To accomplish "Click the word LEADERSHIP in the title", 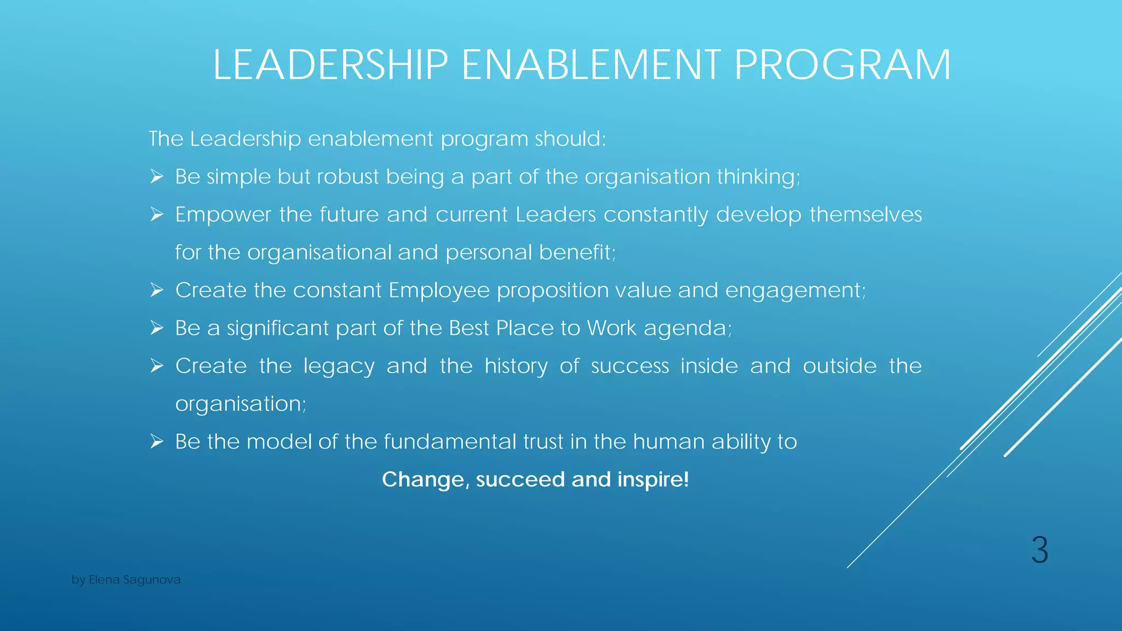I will tap(330, 65).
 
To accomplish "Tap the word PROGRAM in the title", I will tap(842, 65).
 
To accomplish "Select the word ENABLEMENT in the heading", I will tap(591, 65).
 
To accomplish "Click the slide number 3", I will tap(1039, 550).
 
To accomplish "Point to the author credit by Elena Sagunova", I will tap(126, 580).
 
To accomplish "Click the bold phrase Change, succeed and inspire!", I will tap(535, 479).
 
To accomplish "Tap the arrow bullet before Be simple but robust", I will tap(157, 177).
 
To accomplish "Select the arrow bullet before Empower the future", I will tap(157, 215).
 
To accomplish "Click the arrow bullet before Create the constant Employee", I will tap(157, 290).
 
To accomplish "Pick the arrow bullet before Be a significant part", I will tap(157, 328).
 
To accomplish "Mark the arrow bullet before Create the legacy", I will tap(157, 366).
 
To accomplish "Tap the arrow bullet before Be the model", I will tap(157, 441).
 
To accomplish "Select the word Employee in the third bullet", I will tap(439, 290).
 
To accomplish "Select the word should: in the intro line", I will tap(570, 139).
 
